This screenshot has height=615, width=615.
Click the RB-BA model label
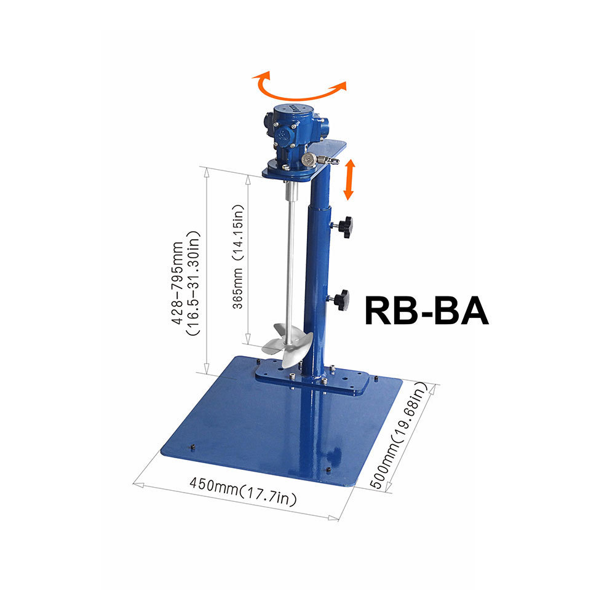click(x=427, y=311)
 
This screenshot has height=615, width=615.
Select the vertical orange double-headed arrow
click(x=349, y=180)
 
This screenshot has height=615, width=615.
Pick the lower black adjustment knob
click(x=339, y=300)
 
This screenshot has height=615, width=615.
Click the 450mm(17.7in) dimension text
click(x=243, y=491)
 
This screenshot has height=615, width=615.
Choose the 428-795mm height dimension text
click(x=186, y=283)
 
